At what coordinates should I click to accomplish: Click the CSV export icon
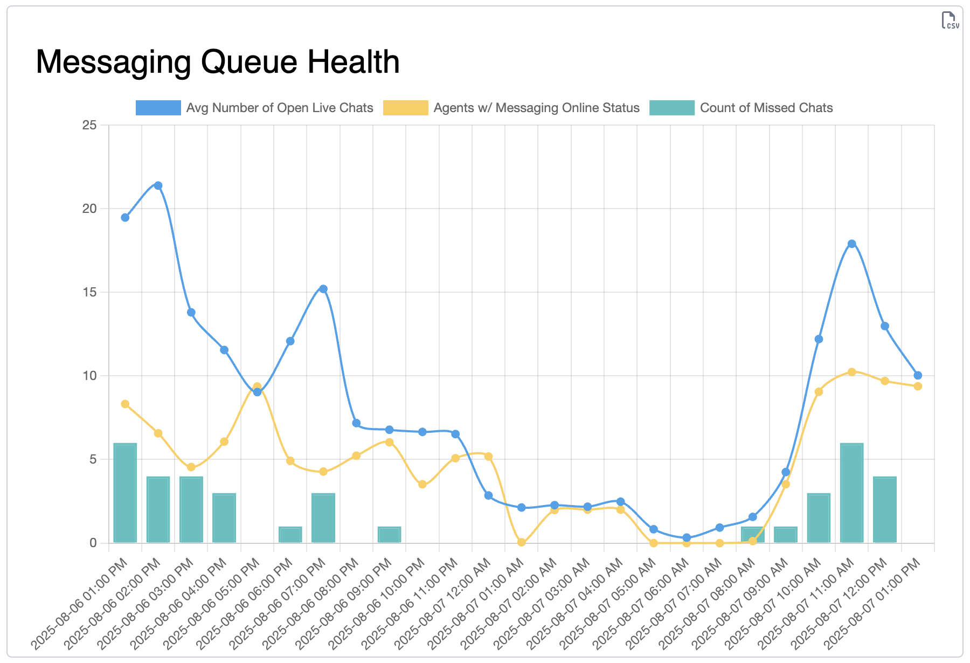[x=950, y=20]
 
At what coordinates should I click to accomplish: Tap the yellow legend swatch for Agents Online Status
[x=405, y=108]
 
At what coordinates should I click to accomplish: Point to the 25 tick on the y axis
[x=89, y=125]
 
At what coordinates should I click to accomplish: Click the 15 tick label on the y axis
[x=89, y=292]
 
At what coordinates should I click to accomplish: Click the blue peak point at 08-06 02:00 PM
[x=158, y=185]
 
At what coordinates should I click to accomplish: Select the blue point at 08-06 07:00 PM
[x=323, y=289]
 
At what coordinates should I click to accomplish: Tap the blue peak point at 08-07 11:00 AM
[x=851, y=244]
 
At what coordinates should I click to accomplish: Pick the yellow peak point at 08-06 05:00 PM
[x=257, y=386]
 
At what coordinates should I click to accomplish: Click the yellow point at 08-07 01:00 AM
[x=521, y=542]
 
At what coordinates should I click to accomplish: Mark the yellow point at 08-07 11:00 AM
[x=851, y=372]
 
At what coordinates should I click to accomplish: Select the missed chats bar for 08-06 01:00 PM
[x=125, y=493]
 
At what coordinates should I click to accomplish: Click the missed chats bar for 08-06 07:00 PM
[x=323, y=518]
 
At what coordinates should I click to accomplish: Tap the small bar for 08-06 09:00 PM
[x=389, y=535]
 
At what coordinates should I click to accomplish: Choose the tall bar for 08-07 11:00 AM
[x=851, y=493]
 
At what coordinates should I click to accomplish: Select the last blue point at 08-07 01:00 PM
[x=918, y=375]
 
